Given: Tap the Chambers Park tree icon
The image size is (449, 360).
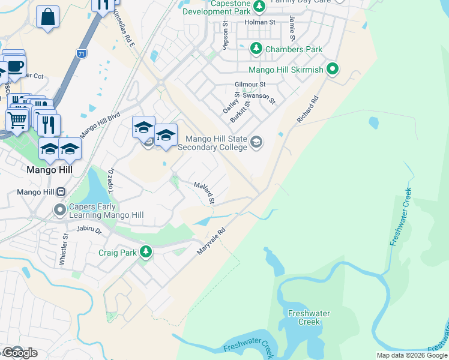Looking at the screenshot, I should tap(256, 49).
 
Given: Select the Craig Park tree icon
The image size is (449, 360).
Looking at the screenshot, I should tap(145, 253).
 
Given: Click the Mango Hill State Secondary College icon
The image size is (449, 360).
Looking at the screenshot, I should tap(256, 142).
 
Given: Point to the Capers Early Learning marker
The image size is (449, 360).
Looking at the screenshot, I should tap(59, 210).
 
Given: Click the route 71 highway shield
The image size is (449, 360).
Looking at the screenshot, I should tap(81, 54).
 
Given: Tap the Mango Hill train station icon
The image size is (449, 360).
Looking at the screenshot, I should tap(60, 192).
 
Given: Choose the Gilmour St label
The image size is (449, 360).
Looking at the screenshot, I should tap(250, 85).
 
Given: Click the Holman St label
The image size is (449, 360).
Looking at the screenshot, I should tap(260, 22).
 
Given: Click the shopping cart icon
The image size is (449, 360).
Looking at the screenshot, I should tap(17, 120).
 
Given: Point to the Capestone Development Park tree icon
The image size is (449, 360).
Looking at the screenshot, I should tap(259, 7).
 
